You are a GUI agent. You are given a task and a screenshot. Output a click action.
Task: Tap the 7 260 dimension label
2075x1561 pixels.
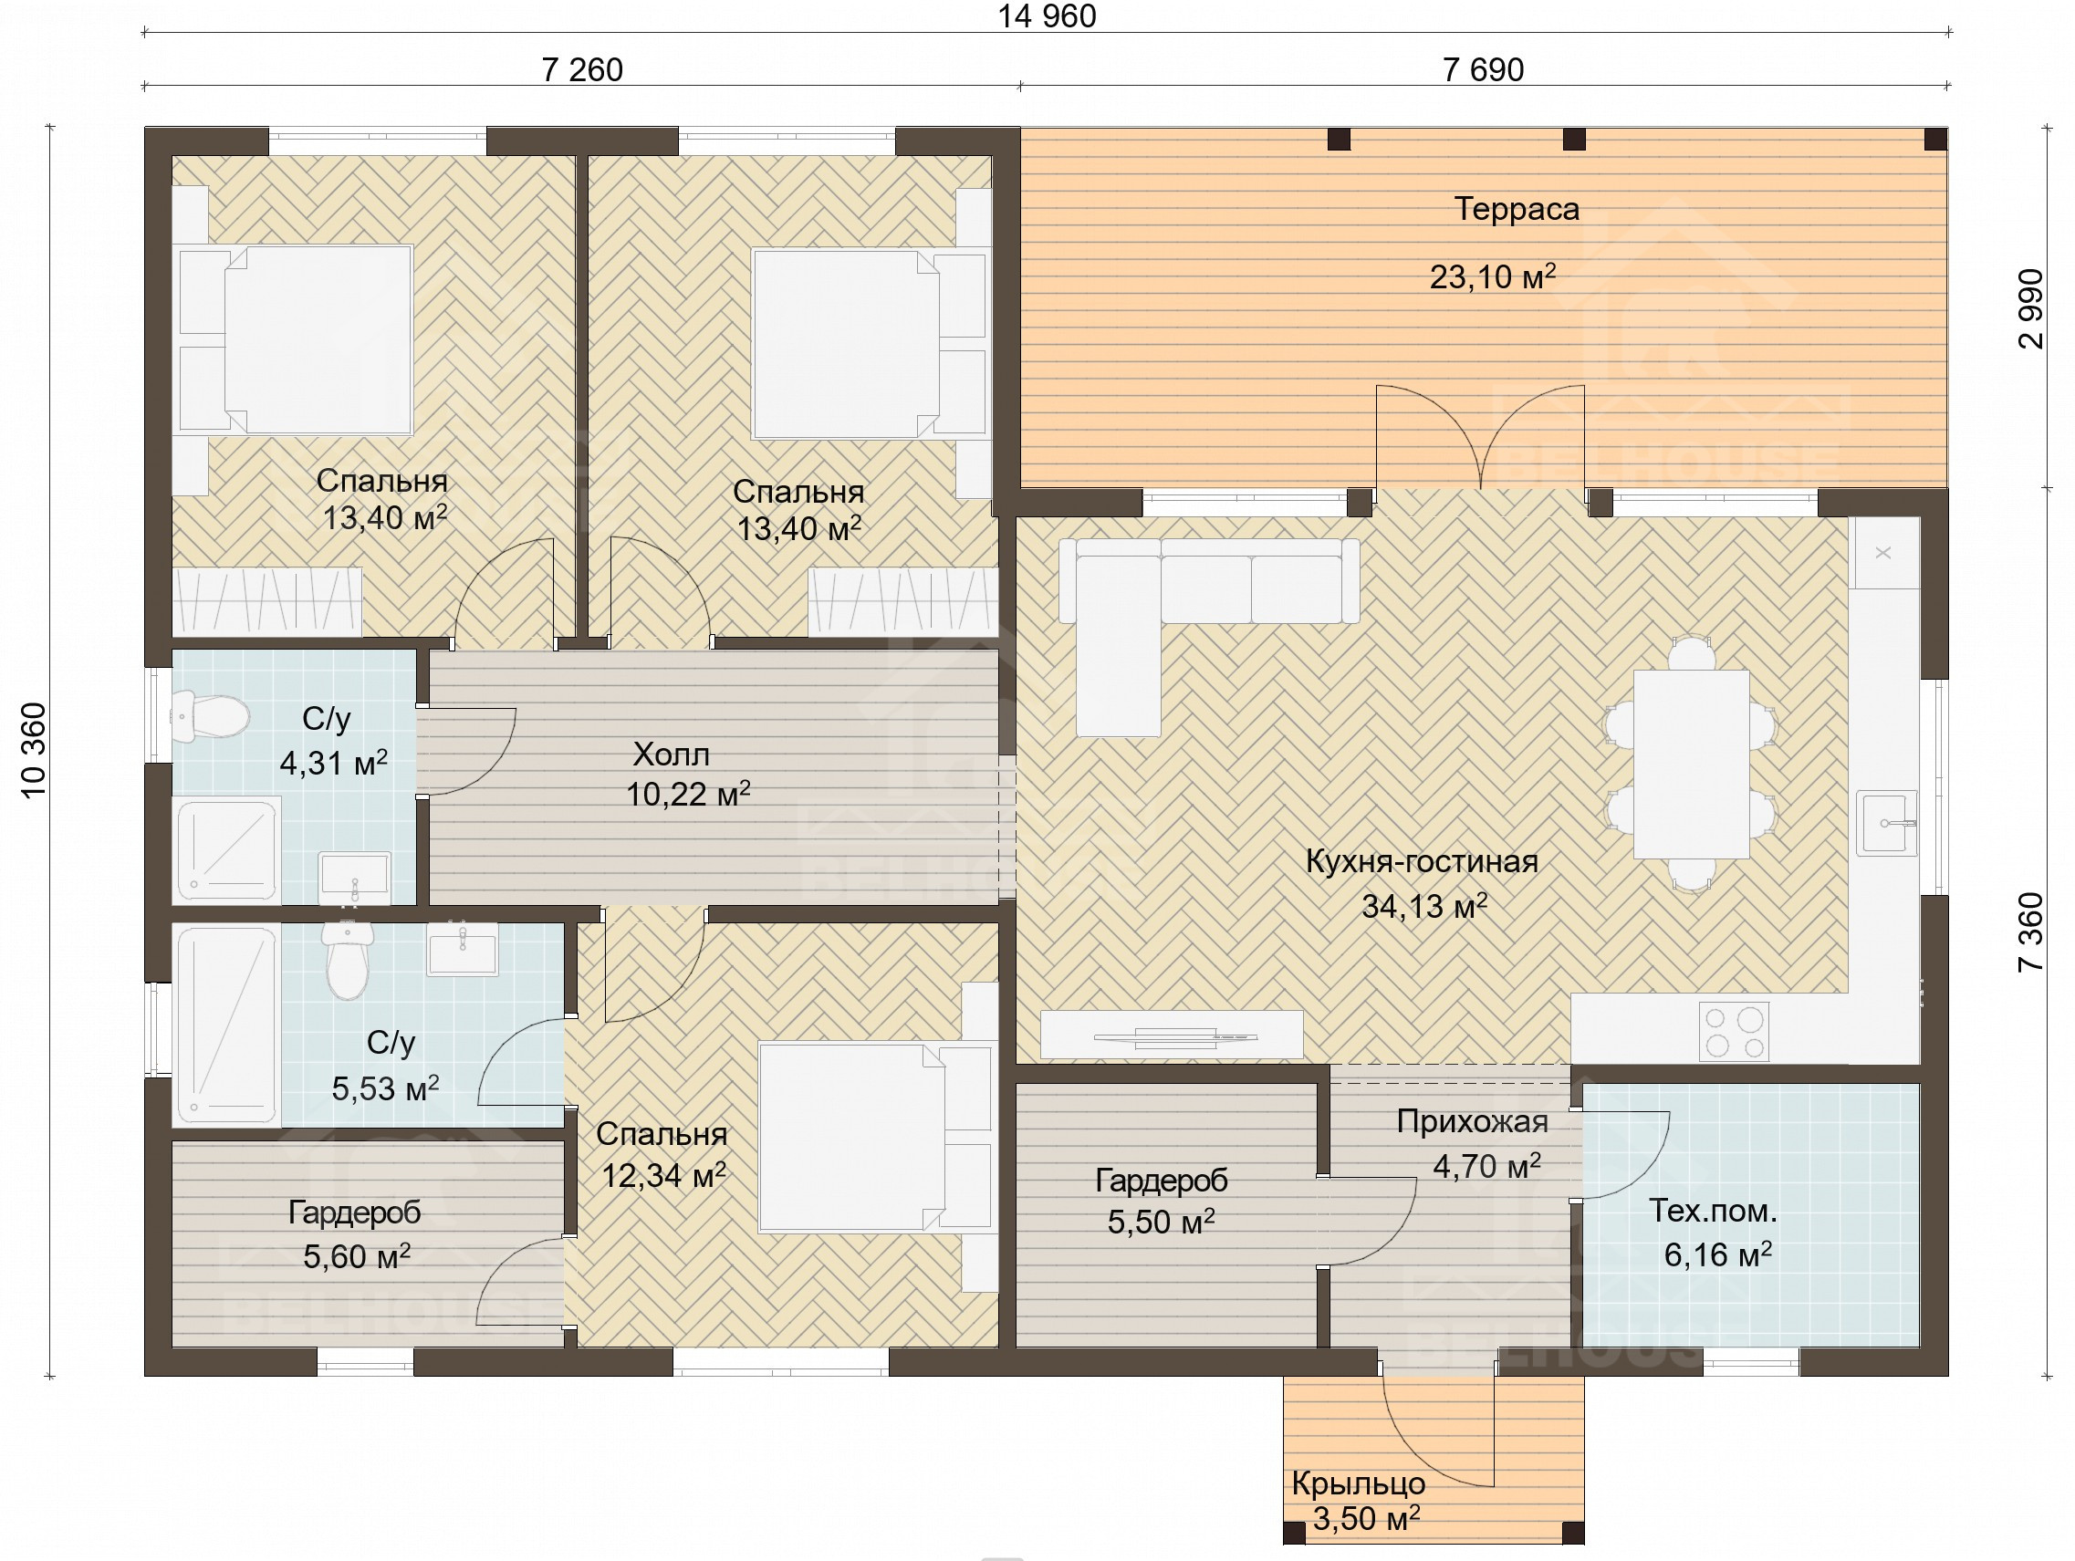[x=581, y=69]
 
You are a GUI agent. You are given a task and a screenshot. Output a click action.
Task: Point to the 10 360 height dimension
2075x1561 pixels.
[x=33, y=751]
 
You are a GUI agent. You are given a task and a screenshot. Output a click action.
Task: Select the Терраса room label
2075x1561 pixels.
[x=1516, y=208]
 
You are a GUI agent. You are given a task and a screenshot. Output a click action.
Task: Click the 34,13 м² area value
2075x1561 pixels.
[x=1424, y=906]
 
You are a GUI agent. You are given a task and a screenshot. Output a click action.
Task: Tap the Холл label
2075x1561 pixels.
[x=671, y=754]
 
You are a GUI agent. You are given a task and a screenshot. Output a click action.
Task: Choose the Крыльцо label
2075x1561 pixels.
[x=1359, y=1483]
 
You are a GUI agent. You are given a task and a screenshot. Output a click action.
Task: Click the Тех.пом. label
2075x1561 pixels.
[x=1713, y=1210]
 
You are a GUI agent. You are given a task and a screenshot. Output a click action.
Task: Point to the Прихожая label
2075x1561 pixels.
[x=1472, y=1121]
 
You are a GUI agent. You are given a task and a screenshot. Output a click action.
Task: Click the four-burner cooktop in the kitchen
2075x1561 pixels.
[x=1735, y=1032]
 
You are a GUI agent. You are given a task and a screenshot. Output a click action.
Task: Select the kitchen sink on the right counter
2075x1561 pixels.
[x=1886, y=823]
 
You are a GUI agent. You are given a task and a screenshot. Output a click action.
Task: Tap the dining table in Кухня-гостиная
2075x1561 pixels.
[x=1691, y=764]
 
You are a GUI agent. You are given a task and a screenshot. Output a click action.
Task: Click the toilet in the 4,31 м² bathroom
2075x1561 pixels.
[x=211, y=716]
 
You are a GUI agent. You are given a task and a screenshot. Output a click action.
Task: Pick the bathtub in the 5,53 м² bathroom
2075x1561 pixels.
[x=228, y=1025]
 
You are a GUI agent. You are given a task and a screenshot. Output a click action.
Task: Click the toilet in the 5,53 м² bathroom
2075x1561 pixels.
[x=348, y=961]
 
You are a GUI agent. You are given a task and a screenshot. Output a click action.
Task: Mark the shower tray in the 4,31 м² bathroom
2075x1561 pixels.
[x=227, y=848]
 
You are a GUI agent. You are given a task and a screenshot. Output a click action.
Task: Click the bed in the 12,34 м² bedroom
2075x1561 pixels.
[x=876, y=1137]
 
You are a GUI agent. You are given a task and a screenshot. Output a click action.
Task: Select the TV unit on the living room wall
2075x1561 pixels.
[x=1172, y=1035]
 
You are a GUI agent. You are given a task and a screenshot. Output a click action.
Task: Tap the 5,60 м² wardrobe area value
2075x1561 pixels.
[x=357, y=1255]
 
